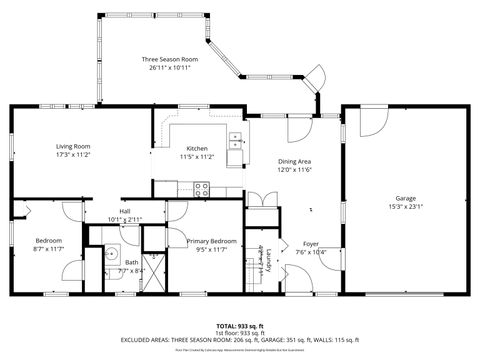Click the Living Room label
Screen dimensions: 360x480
(72, 147)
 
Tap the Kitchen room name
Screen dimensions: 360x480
(197, 148)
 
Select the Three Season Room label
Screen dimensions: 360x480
(169, 60)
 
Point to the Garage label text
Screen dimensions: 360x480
(405, 198)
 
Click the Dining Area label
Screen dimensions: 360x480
(293, 162)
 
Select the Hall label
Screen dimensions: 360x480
(125, 211)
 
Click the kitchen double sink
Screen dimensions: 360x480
(236, 142)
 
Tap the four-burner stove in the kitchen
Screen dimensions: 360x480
(202, 187)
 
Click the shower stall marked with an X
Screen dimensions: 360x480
(154, 272)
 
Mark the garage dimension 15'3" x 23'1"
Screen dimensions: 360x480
(405, 207)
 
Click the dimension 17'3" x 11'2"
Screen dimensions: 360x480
(72, 156)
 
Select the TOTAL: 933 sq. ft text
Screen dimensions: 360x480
(240, 326)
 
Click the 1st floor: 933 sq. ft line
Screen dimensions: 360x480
(240, 333)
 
